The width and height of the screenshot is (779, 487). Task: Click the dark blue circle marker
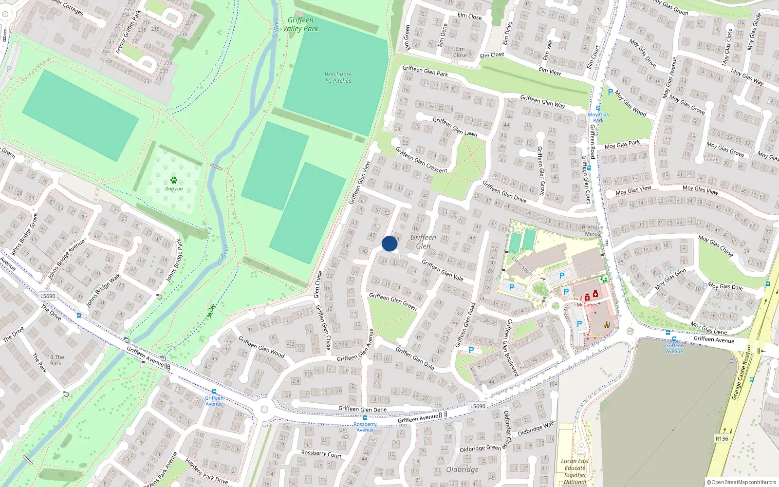click(389, 243)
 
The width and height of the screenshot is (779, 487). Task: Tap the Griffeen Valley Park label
click(300, 24)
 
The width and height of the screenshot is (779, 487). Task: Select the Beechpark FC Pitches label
click(338, 77)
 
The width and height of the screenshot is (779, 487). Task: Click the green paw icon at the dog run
click(174, 181)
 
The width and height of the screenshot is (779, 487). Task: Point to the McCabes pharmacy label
click(587, 305)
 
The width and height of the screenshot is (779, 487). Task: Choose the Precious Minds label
click(593, 230)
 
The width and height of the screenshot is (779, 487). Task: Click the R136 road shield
click(722, 439)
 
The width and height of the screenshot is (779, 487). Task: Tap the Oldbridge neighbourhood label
click(462, 469)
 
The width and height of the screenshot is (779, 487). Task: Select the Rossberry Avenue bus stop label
click(365, 427)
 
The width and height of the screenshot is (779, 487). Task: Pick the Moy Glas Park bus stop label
click(598, 117)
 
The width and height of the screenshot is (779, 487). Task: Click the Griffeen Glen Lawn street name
click(455, 127)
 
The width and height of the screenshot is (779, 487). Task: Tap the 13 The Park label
click(56, 360)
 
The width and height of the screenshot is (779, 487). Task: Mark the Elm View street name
click(550, 71)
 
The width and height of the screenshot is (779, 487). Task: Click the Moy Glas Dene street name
click(708, 328)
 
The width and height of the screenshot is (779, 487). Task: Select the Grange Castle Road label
click(742, 376)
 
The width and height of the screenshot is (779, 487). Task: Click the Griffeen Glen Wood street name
click(261, 347)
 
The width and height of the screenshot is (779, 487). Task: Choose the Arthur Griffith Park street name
click(128, 32)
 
